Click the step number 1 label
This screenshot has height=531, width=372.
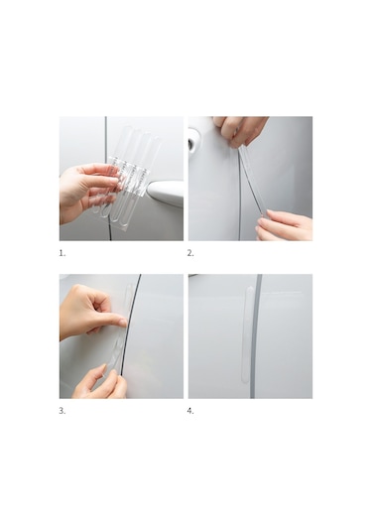[x=62, y=253]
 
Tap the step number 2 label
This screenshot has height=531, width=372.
[x=190, y=253]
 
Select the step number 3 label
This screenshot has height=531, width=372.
[x=62, y=411]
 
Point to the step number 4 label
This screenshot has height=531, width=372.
[x=190, y=411]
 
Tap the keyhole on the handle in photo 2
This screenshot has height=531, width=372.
[x=192, y=145]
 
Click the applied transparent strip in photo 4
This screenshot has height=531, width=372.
[x=249, y=333]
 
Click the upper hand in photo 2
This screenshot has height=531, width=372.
[x=240, y=130]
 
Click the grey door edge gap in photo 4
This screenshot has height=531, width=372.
[x=255, y=335]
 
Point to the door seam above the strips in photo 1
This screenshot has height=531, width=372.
[x=105, y=135]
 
